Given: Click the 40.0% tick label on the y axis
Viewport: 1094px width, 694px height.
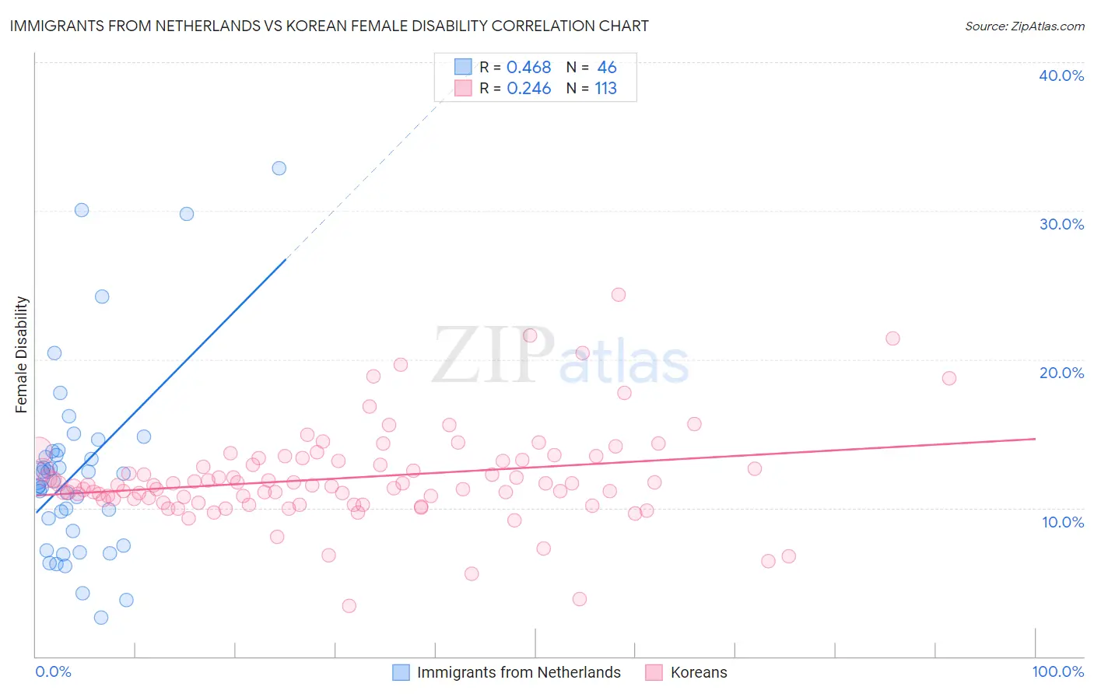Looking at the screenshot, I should pos(1061,75).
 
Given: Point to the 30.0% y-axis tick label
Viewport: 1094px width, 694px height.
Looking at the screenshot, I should pos(1061,224).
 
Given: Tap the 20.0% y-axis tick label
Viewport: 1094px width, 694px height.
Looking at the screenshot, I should pos(1061,373).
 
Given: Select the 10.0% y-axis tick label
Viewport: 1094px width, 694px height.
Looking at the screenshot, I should pos(1063,522).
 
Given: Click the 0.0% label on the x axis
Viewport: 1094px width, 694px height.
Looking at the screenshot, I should pos(53,671).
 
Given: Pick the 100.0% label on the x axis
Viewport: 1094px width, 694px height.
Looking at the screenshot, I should pos(1057,671).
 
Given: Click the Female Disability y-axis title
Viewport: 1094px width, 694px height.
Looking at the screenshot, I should pos(22,354).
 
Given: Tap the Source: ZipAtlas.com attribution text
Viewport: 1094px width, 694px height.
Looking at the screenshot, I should pos(1024,26).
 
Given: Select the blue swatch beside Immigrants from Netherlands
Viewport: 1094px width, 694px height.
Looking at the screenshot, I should pos(401,672).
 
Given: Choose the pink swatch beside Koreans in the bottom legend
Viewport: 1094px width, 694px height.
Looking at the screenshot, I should pos(654,672).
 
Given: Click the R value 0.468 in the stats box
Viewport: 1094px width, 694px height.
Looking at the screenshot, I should pos(528,68).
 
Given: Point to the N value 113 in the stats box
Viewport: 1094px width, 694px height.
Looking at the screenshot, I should pos(605,89).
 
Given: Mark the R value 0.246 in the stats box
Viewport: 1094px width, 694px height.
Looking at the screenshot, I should pos(528,89).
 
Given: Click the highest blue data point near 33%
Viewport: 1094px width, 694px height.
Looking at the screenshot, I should pos(279,168).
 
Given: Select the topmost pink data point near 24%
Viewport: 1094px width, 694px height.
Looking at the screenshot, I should pos(619,294).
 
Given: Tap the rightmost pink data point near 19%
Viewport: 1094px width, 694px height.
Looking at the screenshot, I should pos(948,378).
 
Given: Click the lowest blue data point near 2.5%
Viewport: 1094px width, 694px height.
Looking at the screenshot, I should pos(101,618).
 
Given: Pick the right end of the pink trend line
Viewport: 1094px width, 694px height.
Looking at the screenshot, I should pos(1035,439).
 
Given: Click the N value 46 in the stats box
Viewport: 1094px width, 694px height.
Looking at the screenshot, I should pos(606,68).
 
